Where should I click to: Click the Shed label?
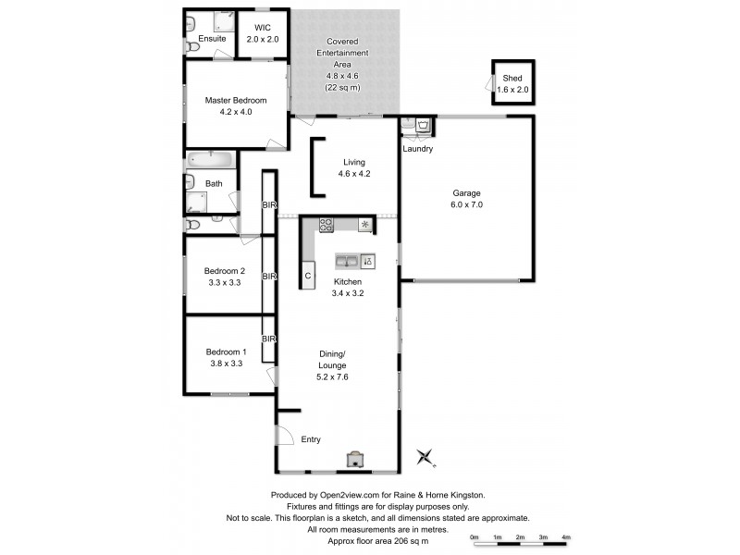(512, 78)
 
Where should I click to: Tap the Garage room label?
(466, 192)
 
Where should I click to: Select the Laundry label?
(418, 149)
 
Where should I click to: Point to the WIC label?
(262, 28)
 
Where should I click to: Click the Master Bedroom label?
(236, 100)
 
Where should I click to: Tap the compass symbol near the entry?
(425, 456)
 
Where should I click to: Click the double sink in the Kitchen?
(346, 261)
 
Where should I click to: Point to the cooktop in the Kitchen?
(327, 223)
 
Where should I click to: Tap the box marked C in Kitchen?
(308, 277)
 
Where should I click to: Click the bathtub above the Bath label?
(211, 159)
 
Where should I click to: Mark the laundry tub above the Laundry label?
(422, 125)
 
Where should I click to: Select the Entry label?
(312, 439)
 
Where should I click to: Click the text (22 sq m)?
(343, 87)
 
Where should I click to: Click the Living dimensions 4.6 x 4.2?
(354, 173)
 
